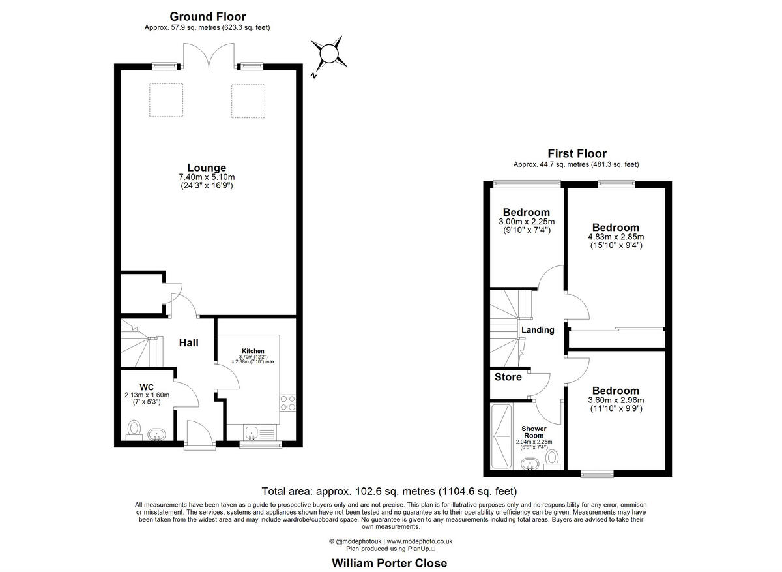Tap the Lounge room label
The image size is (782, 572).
207,168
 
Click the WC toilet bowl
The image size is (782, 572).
135,430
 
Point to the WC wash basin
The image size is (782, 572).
156,434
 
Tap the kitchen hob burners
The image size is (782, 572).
287,402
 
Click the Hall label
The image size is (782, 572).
188,342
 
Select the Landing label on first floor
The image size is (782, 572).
538,330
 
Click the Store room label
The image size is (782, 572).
508,377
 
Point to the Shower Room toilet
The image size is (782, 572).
553,458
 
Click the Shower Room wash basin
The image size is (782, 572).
530,463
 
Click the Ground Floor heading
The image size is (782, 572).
208,16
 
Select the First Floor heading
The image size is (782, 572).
577,153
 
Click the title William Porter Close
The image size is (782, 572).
390,563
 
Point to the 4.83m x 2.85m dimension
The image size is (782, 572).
615,237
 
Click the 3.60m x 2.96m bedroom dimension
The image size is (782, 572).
615,400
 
